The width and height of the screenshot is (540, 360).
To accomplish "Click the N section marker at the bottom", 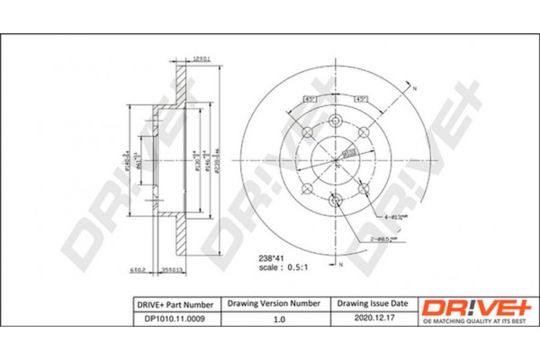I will (x=341, y=264).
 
